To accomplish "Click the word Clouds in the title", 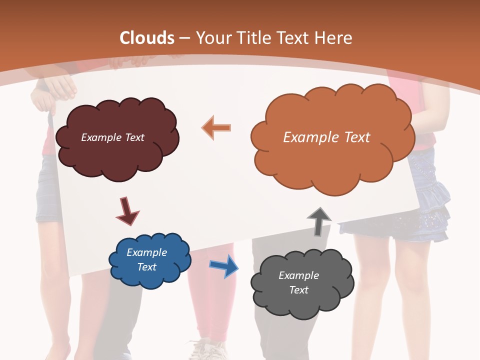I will pos(147,38).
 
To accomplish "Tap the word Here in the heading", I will pos(335,38).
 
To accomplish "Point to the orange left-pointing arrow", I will pos(216,127).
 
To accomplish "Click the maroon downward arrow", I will pos(127,210).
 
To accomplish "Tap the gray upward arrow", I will pos(319,221).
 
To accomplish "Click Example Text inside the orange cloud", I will pos(326,137).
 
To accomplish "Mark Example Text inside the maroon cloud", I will pos(112,137).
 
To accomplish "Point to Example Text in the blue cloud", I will pos(146,260).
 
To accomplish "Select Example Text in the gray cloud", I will pos(298,282).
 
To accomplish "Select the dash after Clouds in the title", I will pos(184,38).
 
